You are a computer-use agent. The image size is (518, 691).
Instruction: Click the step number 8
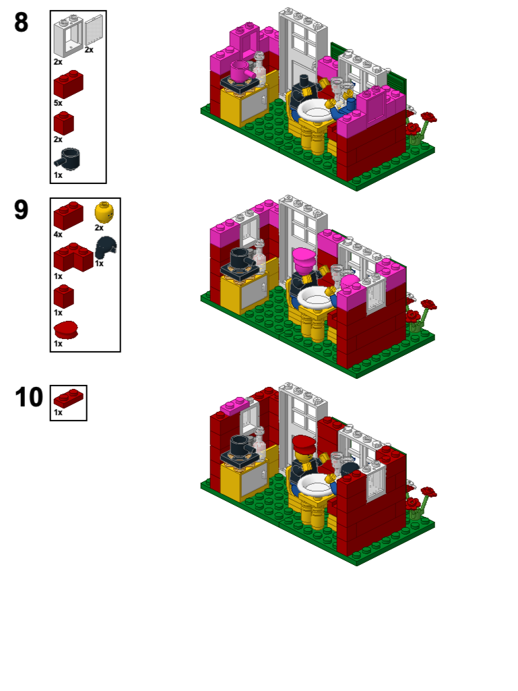point(22,23)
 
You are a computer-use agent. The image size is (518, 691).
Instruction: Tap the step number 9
point(22,210)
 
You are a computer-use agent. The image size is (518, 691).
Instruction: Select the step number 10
point(29,397)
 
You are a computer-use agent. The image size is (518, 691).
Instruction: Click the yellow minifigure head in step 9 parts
point(104,213)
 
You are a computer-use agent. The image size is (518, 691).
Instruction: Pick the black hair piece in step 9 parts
point(106,247)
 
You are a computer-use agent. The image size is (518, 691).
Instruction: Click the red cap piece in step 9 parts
point(66,330)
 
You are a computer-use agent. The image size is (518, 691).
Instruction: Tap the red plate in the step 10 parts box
point(68,398)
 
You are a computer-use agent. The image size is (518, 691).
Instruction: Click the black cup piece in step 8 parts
point(68,160)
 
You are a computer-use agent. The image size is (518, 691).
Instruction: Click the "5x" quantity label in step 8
point(58,103)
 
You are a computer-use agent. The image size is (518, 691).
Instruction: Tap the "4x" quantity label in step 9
point(58,235)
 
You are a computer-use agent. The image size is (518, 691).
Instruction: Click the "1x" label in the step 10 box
point(58,412)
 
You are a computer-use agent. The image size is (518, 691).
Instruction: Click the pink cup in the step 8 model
point(240,70)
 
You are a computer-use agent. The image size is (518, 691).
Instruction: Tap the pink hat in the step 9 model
point(303,257)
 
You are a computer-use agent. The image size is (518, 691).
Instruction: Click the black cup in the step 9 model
point(241,258)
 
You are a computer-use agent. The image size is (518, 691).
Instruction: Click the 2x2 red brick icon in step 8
point(67,85)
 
